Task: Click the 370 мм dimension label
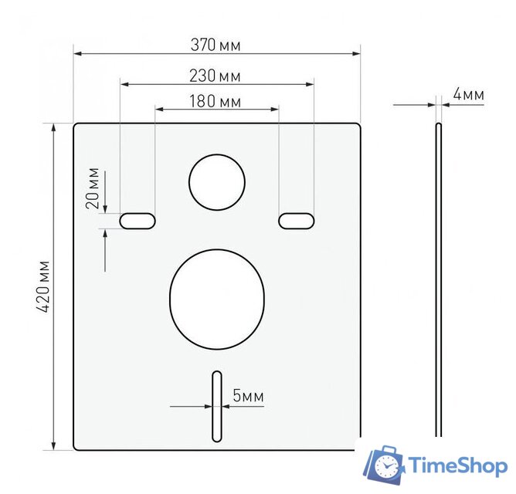(216, 46)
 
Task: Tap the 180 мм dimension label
(215, 102)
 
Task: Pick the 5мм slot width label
(248, 396)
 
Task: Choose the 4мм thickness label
(468, 95)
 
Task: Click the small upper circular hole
(217, 182)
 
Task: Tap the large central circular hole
(217, 296)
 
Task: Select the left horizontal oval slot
(137, 221)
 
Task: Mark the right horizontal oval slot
(297, 221)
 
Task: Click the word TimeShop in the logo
(457, 465)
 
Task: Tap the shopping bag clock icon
(384, 465)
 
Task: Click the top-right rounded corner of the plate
(358, 126)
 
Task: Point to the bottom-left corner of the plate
(76, 447)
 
